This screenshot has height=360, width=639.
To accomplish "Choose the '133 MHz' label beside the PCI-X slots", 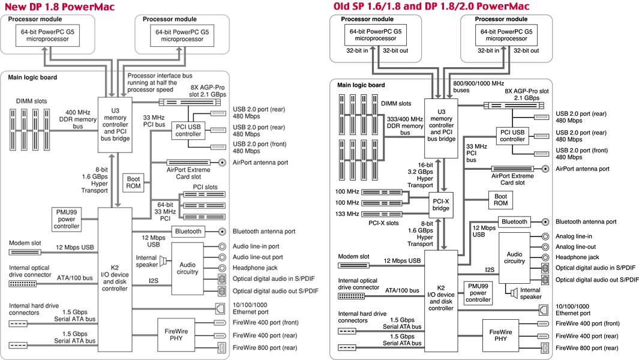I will click(348, 213).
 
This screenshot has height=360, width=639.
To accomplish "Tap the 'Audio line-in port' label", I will click(256, 246).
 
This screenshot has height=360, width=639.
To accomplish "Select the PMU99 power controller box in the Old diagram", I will click(478, 292).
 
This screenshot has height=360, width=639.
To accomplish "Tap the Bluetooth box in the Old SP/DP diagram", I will click(514, 221).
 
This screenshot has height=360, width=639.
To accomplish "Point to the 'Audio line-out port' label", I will click(257, 257).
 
